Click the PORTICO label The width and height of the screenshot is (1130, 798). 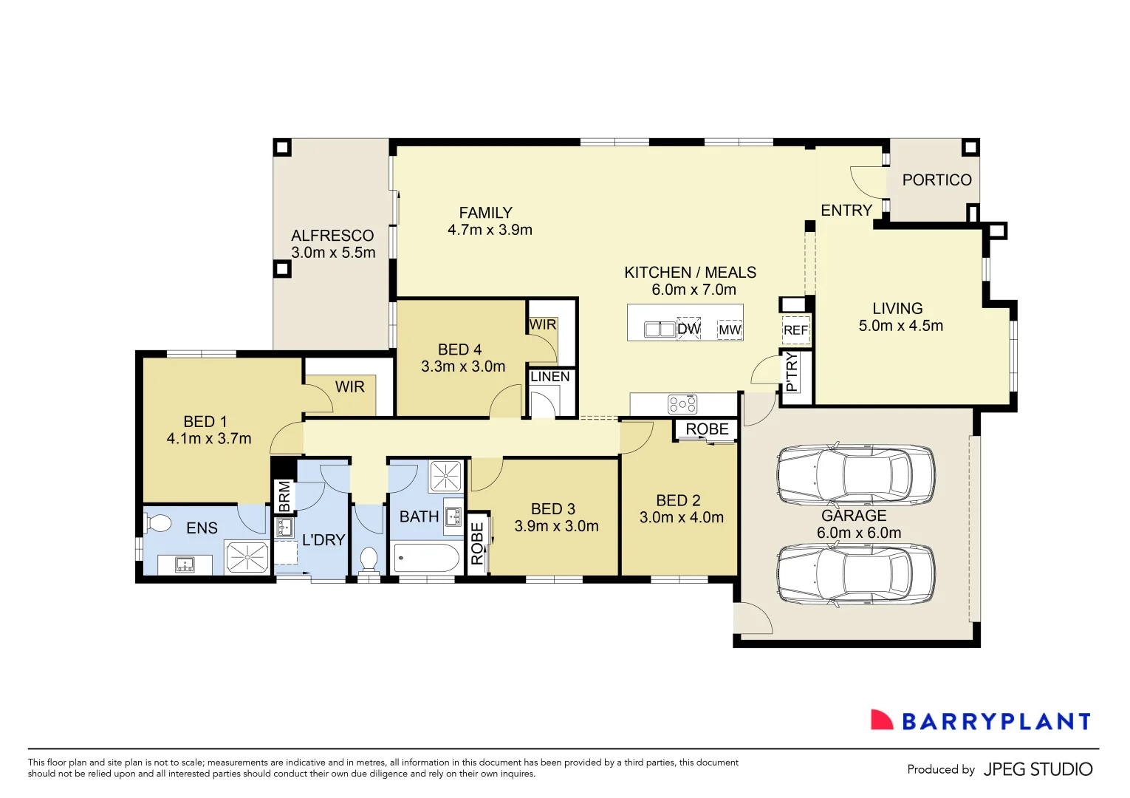[x=936, y=180]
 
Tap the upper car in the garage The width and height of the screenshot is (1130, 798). [x=855, y=474]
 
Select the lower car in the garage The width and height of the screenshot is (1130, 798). [x=855, y=575]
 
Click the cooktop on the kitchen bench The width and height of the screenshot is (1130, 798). [x=682, y=404]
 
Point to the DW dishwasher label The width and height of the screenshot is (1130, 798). [x=688, y=329]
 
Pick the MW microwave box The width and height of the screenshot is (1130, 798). [x=730, y=330]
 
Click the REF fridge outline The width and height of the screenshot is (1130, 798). [x=795, y=330]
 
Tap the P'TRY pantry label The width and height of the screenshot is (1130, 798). [x=792, y=372]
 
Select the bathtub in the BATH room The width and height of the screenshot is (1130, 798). [x=426, y=558]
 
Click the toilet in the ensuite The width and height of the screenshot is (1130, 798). [x=158, y=523]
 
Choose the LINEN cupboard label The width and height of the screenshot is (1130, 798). [x=550, y=377]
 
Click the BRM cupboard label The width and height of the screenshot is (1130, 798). [x=284, y=496]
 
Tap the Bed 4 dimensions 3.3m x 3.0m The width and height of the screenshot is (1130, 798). [x=463, y=366]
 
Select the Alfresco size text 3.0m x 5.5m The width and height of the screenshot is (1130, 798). [x=333, y=253]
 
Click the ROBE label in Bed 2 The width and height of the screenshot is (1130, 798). [x=707, y=429]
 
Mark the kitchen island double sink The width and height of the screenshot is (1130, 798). [x=660, y=329]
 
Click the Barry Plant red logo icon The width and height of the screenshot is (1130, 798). [x=882, y=720]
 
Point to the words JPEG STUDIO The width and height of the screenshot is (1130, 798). [x=1038, y=769]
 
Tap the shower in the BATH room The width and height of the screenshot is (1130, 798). [x=446, y=477]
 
